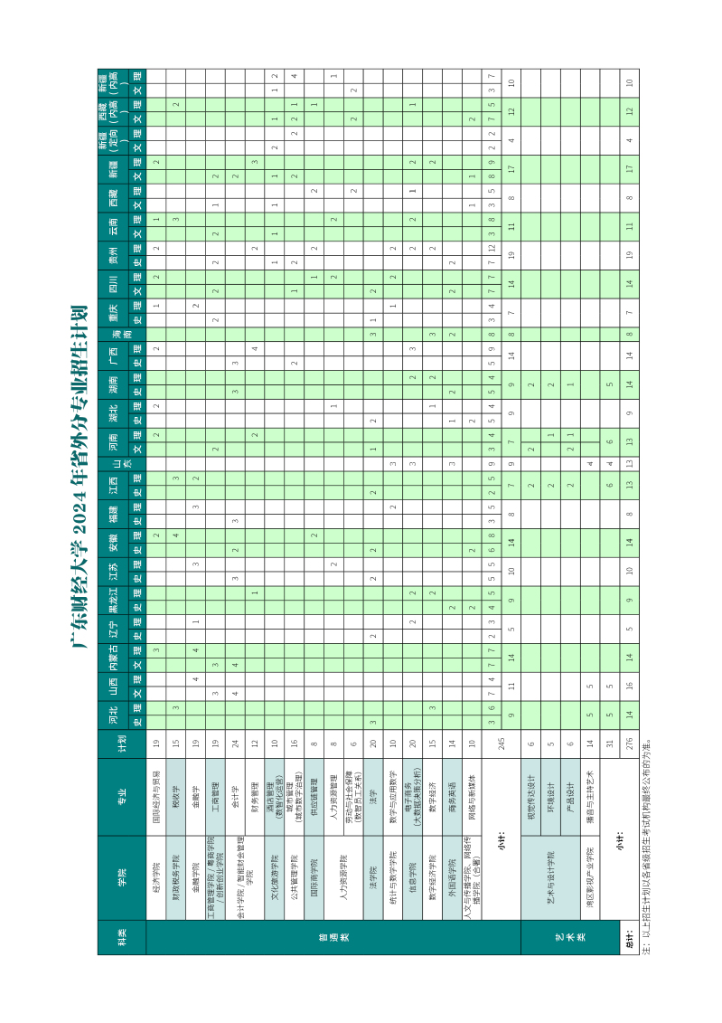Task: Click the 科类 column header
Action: coord(121,932)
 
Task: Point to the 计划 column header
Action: coord(121,744)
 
